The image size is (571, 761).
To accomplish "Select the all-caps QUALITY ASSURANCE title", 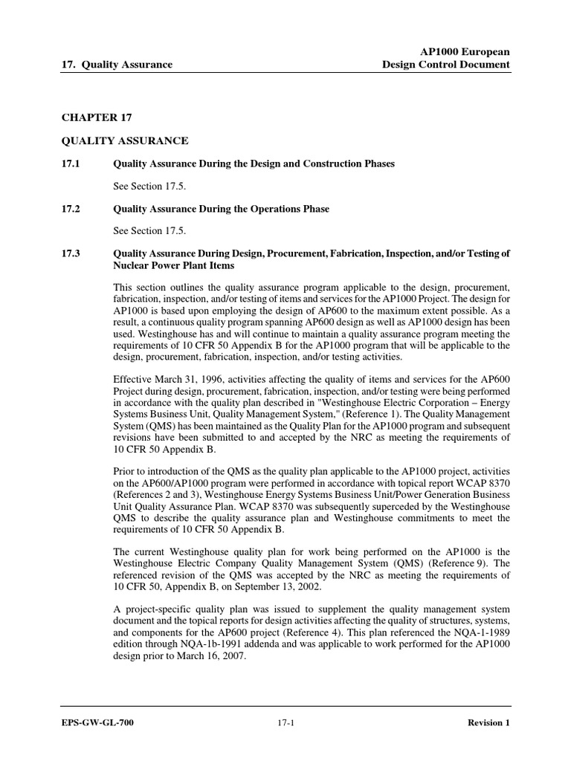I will click(x=124, y=140).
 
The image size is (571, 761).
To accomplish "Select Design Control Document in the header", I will click(x=445, y=65).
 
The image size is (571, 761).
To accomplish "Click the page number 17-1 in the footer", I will click(x=285, y=722).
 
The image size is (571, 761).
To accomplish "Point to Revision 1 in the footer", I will click(x=488, y=722).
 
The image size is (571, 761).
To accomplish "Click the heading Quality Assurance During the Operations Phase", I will click(x=221, y=209).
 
